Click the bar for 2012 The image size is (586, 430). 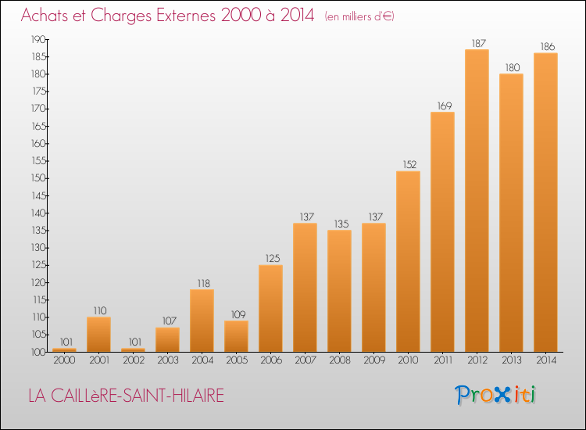[477, 200]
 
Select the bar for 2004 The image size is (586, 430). [202, 321]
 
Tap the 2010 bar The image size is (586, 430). [408, 261]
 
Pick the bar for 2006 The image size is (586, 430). [270, 309]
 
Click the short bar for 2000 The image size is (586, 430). [64, 350]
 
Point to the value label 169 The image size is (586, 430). [445, 106]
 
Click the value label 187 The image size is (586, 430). [478, 43]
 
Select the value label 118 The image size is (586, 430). [204, 284]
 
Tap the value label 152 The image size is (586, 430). [409, 164]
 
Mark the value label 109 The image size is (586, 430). [238, 314]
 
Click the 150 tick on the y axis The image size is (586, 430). [38, 178]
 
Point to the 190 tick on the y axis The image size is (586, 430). [38, 40]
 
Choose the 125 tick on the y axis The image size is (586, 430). [38, 265]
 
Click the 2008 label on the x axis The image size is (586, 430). [340, 360]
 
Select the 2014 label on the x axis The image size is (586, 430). [546, 360]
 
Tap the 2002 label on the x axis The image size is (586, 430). [134, 360]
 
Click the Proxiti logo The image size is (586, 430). [495, 395]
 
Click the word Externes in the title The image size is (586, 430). [186, 16]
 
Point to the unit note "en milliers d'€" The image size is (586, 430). [359, 16]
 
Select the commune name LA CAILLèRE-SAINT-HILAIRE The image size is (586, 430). [127, 396]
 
